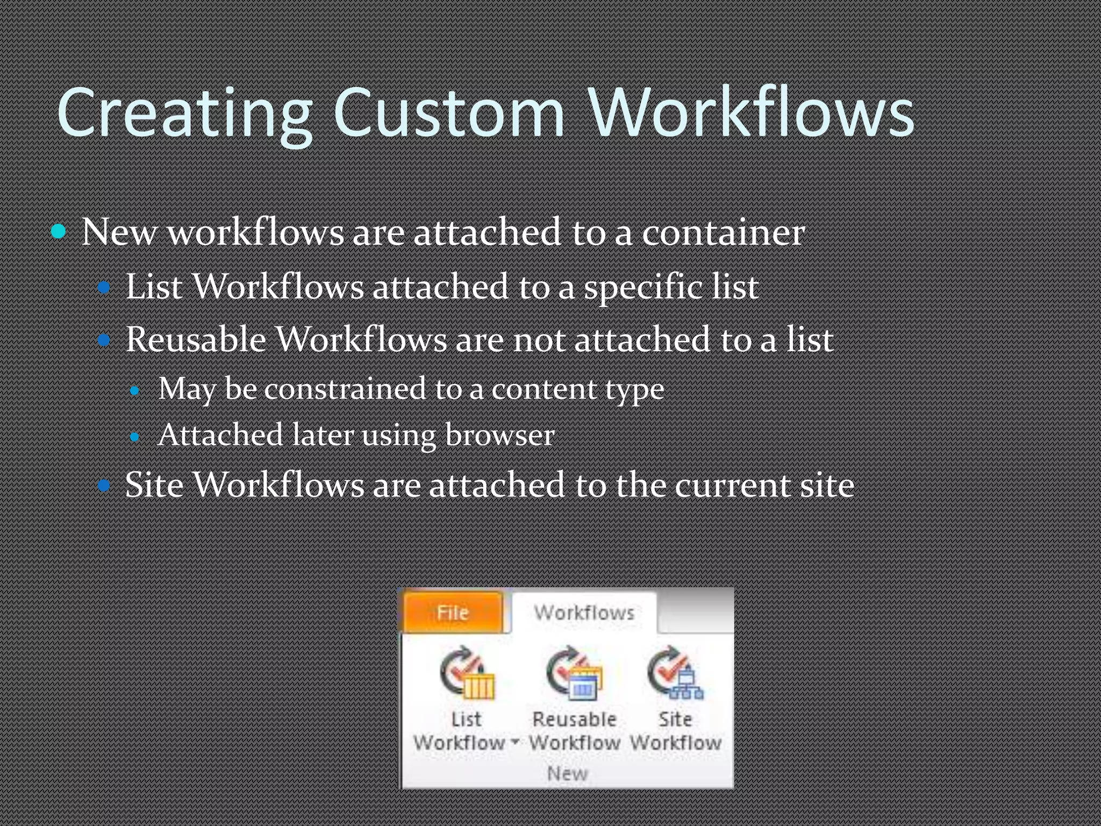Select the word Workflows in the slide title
751,113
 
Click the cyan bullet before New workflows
59,232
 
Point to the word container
723,233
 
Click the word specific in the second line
643,287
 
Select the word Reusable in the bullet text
196,340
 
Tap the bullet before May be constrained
135,390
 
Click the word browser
499,435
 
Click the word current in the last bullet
732,485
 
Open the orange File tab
453,613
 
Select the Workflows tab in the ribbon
584,613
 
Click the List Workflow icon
467,674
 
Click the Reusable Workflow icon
574,674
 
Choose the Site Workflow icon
675,674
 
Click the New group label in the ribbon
567,773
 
